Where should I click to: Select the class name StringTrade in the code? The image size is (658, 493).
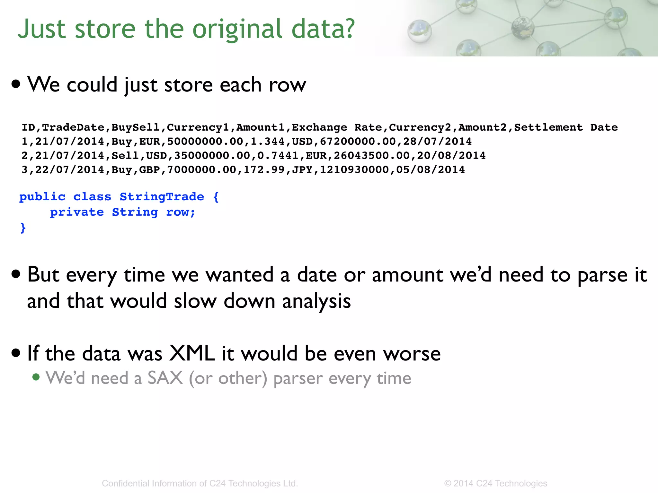pos(162,196)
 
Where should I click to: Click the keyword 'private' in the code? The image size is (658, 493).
pos(77,212)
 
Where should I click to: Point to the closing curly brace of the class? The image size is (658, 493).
pos(23,228)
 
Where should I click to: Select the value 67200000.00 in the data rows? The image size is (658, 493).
pos(358,142)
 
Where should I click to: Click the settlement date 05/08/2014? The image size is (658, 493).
pos(431,170)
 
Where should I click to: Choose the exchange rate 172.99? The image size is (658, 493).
pos(264,170)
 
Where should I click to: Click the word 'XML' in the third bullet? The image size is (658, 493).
pos(192,353)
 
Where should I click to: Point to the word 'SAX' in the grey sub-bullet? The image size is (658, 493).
pos(165,378)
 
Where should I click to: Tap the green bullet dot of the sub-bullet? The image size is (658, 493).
pos(36,377)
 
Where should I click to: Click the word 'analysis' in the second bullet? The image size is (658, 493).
pos(316,301)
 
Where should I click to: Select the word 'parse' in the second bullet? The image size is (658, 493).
pos(602,275)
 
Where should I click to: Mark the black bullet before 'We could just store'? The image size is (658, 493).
pos(16,84)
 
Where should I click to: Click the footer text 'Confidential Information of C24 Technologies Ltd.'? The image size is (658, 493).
pos(200,483)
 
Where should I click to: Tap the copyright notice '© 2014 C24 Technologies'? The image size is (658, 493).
pos(495,483)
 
